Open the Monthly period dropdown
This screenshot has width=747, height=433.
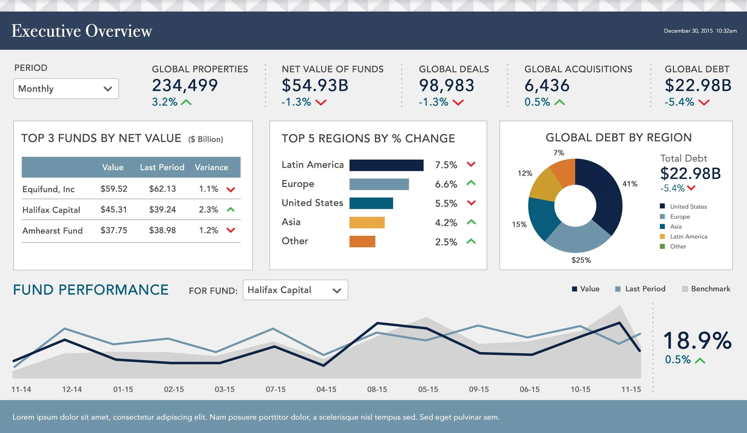(66, 89)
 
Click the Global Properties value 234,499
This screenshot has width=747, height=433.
(185, 86)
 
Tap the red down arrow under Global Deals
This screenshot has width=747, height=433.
(458, 102)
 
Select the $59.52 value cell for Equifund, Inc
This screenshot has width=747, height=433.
(114, 189)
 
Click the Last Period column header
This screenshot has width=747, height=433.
(162, 167)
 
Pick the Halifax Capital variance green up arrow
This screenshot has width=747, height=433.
(231, 210)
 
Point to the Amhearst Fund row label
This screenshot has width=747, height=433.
(53, 230)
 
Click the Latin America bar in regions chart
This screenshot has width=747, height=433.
(386, 165)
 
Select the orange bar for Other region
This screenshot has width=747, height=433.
(362, 242)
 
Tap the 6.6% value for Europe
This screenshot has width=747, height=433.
(446, 184)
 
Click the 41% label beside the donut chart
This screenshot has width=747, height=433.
(630, 184)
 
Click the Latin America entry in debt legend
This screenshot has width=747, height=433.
(688, 236)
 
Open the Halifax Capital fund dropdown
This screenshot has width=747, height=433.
(295, 290)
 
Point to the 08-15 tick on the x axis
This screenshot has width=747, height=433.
(377, 389)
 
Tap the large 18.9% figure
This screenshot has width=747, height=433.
(697, 341)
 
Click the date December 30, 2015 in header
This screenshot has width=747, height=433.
(688, 31)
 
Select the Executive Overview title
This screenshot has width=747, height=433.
(82, 31)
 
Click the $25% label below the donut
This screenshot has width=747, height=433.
(581, 260)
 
